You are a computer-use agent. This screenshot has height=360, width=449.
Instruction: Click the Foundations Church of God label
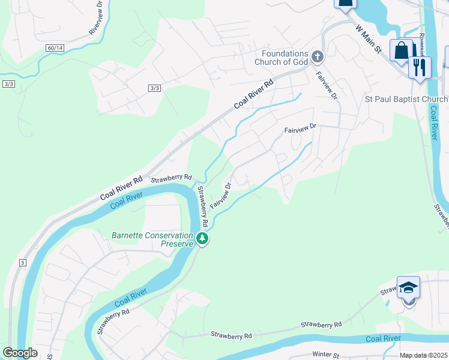(x=280, y=57)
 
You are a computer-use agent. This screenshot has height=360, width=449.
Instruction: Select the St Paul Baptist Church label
(x=406, y=99)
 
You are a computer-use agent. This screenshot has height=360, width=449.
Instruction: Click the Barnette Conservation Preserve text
(x=152, y=239)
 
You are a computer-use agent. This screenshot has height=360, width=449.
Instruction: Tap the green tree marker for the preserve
(x=203, y=239)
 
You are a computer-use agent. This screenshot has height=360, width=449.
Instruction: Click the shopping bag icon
(x=401, y=50)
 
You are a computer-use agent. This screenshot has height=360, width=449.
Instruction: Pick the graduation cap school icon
(x=408, y=287)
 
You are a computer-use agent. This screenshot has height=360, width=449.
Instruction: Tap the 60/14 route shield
(x=54, y=47)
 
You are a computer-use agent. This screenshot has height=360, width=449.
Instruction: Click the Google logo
(x=20, y=353)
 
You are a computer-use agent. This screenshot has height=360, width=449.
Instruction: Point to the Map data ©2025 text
(x=424, y=355)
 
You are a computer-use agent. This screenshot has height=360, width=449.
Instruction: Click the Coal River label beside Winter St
(x=383, y=339)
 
